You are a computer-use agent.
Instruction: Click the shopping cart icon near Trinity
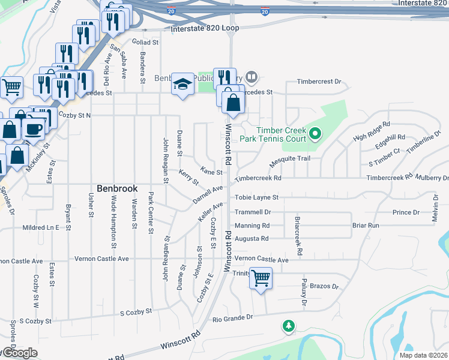point(261,278)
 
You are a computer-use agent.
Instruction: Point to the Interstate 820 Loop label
point(205,28)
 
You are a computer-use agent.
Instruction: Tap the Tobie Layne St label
point(257,197)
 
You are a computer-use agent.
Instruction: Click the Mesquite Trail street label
point(289,158)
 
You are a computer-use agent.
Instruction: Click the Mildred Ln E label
point(41,228)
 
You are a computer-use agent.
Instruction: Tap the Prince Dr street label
point(406,212)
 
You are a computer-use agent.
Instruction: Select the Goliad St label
point(145,43)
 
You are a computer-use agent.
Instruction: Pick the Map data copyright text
point(420,355)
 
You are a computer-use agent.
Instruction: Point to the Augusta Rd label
point(252,238)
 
